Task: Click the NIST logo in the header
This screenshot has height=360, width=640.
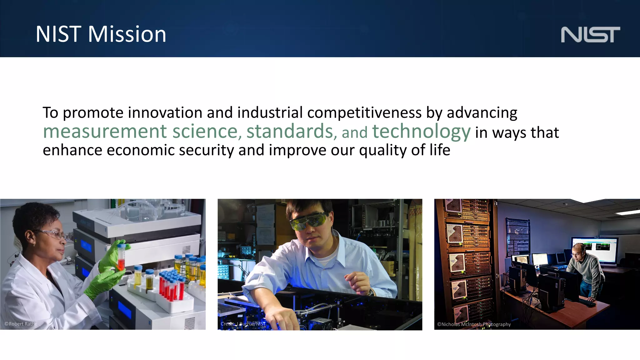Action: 590,34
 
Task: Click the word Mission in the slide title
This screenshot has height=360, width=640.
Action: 127,34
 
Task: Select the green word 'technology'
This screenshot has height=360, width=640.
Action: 421,132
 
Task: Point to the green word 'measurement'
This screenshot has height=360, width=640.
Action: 105,132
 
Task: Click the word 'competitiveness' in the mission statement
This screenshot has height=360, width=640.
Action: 364,113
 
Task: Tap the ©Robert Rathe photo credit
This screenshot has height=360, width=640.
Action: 21,324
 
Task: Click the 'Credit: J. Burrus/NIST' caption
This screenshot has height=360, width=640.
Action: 243,324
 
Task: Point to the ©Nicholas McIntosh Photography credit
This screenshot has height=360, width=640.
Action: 474,324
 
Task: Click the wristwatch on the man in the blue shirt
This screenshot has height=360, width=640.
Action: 371,292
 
